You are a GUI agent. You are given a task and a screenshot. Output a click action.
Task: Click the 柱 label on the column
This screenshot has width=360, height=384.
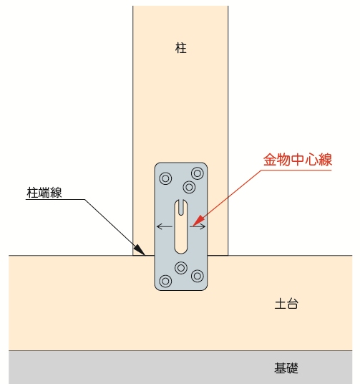point(181,48)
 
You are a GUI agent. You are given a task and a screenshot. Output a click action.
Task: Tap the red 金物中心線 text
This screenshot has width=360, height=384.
point(298,160)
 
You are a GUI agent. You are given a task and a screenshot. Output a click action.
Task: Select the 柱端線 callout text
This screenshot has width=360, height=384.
point(44,193)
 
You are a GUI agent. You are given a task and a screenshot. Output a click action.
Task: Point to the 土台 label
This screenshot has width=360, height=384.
point(286,304)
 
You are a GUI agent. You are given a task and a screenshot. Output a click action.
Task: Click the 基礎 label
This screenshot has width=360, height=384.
point(286,368)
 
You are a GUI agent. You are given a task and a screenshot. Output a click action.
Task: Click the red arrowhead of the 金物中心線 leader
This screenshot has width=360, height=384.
point(198,221)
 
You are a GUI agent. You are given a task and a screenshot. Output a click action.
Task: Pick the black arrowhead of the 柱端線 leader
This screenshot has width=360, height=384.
point(140,250)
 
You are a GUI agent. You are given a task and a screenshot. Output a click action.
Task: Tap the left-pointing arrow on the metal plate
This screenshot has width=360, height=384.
point(165,226)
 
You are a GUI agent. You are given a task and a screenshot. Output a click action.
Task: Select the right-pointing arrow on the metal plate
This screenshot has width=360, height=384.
point(198,226)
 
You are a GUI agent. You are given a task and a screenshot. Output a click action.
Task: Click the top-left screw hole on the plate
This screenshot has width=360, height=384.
point(165,178)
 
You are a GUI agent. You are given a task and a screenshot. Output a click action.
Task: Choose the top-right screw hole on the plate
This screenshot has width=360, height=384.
point(198,173)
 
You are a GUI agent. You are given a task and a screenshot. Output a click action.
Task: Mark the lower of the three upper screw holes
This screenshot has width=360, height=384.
point(189,188)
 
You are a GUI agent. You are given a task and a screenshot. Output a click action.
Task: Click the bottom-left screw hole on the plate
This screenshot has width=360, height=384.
point(165,281)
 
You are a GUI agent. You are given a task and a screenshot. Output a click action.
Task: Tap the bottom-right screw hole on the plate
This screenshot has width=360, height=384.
point(198,276)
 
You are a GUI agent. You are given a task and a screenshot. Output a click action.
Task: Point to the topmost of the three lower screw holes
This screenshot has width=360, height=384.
point(181,268)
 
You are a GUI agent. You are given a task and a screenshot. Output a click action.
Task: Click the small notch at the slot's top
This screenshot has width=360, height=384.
point(181,208)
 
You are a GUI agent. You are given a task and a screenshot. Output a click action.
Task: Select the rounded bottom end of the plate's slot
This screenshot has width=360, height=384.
point(181,249)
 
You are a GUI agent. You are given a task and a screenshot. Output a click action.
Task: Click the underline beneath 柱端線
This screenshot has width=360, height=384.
point(55,200)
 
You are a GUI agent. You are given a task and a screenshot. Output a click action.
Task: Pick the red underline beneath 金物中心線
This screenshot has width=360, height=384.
point(296,170)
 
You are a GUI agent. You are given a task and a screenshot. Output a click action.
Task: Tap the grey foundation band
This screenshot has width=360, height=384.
point(180,367)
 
